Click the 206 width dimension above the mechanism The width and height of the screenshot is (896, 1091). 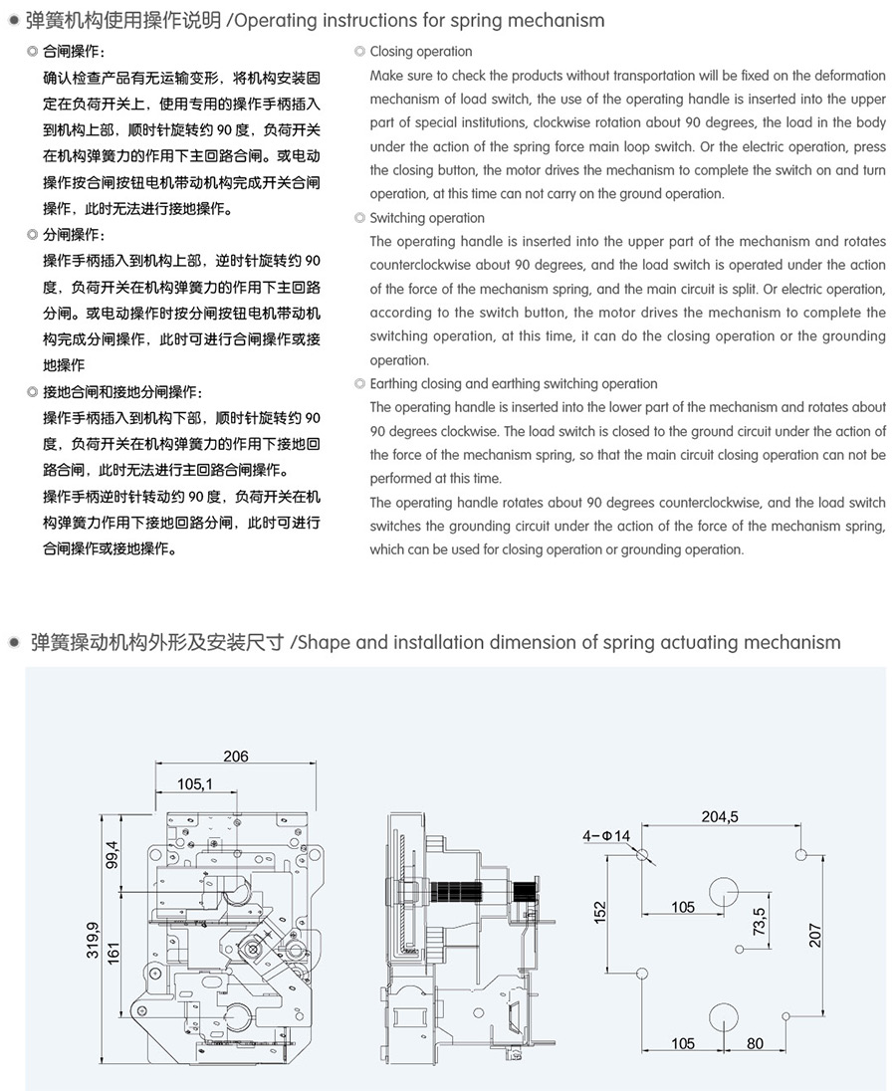tap(236, 757)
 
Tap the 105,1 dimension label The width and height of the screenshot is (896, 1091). tap(195, 784)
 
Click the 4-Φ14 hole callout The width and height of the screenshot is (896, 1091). tap(606, 835)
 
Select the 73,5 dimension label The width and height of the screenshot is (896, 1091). tap(760, 921)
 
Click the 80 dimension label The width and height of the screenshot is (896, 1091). tap(755, 1043)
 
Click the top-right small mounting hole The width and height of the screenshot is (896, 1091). tap(802, 854)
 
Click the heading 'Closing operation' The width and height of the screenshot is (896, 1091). tap(421, 52)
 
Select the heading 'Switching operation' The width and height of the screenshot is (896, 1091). tap(427, 218)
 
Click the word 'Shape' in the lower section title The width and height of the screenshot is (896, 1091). tap(324, 642)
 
